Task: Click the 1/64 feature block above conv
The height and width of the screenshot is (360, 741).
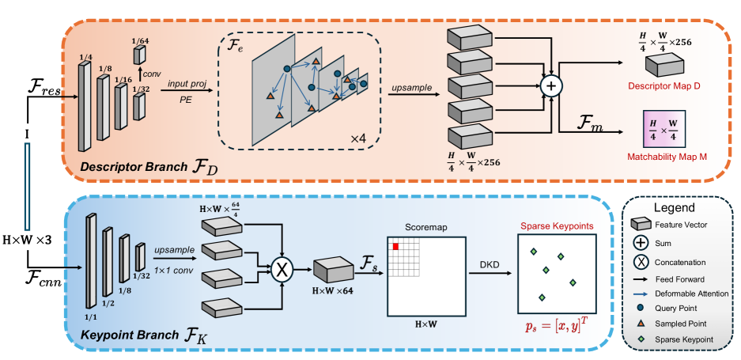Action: [x=139, y=55]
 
